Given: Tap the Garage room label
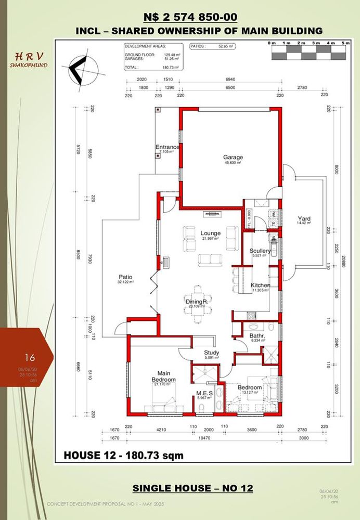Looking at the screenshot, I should tap(234, 157).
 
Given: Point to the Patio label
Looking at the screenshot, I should tap(125, 278).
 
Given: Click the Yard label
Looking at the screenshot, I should tap(304, 219).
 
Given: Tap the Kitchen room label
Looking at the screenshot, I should tap(260, 286).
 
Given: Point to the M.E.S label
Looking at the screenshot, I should tap(202, 393).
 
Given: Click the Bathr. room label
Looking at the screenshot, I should tap(242, 336).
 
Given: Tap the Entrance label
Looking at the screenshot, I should tap(167, 147).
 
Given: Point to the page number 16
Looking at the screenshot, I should tap(30, 357).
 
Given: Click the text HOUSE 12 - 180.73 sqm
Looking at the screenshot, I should tap(123, 456).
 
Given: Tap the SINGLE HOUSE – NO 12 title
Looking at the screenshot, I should tap(192, 488).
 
